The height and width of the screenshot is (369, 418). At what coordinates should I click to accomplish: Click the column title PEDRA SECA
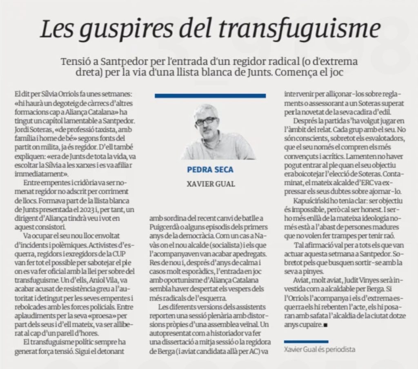[x=210, y=169]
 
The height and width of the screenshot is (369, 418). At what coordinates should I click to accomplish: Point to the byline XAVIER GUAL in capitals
[x=210, y=184]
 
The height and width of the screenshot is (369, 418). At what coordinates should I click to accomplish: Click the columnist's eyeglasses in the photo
[x=206, y=121]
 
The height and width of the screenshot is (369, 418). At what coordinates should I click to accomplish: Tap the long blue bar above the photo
[x=210, y=95]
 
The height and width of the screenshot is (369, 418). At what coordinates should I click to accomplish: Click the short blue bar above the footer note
[x=306, y=340]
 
